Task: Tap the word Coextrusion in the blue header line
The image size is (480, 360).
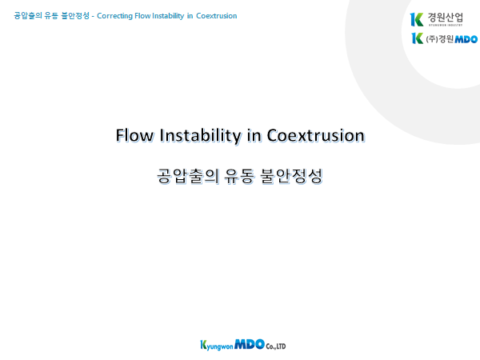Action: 217,16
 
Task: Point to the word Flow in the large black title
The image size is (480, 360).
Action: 134,135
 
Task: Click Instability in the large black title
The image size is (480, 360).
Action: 200,136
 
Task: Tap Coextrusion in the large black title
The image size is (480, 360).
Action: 316,135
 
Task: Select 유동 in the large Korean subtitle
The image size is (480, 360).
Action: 239,176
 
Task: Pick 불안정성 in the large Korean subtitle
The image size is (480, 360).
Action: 291,176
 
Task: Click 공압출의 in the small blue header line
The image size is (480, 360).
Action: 28,16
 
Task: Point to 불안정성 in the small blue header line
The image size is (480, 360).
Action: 75,16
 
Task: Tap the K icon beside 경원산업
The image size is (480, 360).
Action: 417,19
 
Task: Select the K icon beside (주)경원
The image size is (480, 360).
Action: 418,38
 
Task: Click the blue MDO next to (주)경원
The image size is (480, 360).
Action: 466,39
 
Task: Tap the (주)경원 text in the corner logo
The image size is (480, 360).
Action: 440,39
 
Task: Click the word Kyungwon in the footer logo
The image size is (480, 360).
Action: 217,346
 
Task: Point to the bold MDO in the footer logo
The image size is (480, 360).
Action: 250,344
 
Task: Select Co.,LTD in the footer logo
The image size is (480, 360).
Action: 276,346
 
